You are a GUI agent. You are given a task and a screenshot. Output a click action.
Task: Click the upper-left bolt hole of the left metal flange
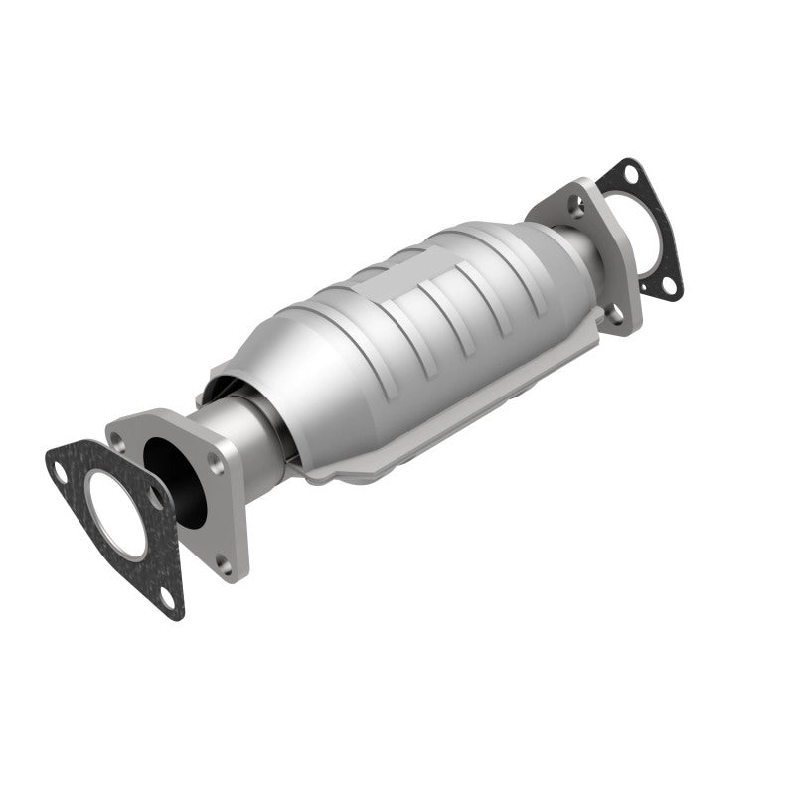coord(121,435)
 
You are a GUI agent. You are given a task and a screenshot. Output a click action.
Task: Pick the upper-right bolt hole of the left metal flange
coord(213,460)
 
